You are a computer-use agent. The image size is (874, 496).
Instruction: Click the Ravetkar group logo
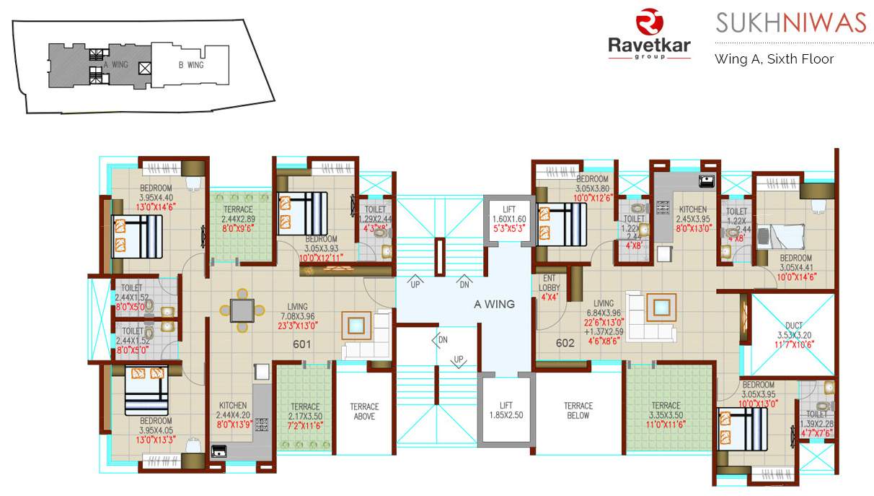pos(649,35)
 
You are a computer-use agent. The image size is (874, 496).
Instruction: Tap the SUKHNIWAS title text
pos(790,22)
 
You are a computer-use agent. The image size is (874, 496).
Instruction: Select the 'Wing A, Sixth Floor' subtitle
pos(774,59)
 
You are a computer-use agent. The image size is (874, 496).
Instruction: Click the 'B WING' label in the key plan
pos(191,65)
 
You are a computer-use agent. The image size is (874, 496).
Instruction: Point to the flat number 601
pos(301,344)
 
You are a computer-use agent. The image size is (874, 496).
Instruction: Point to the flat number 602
pos(565,343)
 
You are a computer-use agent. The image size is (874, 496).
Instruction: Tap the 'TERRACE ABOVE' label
pos(364,412)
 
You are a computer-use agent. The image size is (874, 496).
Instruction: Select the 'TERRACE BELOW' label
pos(578,411)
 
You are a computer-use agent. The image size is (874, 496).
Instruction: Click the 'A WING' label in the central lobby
pos(494,304)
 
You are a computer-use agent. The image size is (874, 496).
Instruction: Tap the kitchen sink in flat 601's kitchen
pos(218,452)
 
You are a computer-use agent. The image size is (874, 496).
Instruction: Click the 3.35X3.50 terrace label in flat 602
pos(665,415)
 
